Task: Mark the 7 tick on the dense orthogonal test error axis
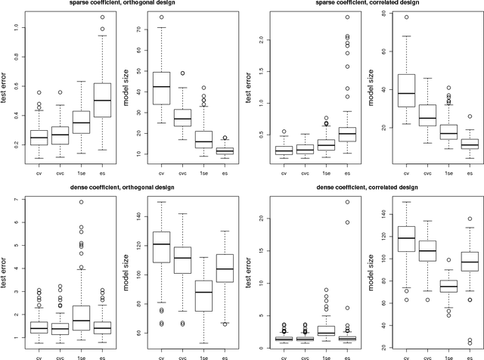(14, 200)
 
